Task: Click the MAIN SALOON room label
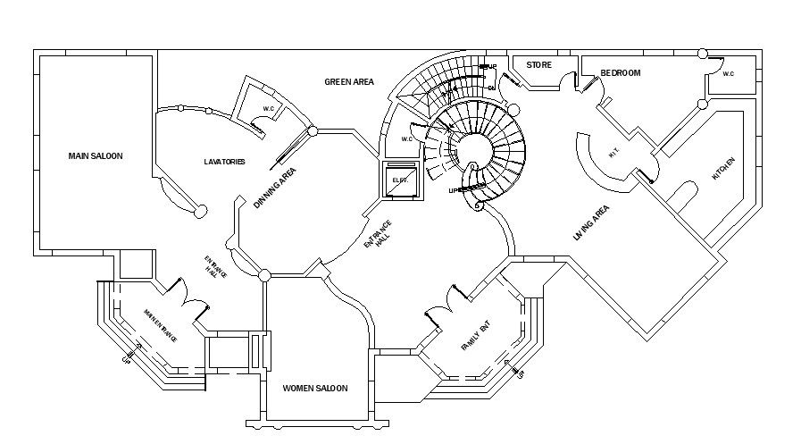[96, 155]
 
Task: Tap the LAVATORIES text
[224, 162]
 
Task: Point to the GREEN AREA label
[348, 82]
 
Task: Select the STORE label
[538, 65]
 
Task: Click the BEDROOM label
[620, 73]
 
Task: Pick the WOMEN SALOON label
[314, 389]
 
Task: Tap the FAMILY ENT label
[475, 339]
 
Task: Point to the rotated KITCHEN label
[722, 170]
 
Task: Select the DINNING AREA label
[274, 188]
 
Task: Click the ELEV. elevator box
[399, 181]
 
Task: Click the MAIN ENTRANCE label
[160, 326]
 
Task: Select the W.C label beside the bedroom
[728, 74]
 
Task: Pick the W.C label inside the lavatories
[268, 109]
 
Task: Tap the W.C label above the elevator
[406, 138]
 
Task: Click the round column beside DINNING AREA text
[313, 131]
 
